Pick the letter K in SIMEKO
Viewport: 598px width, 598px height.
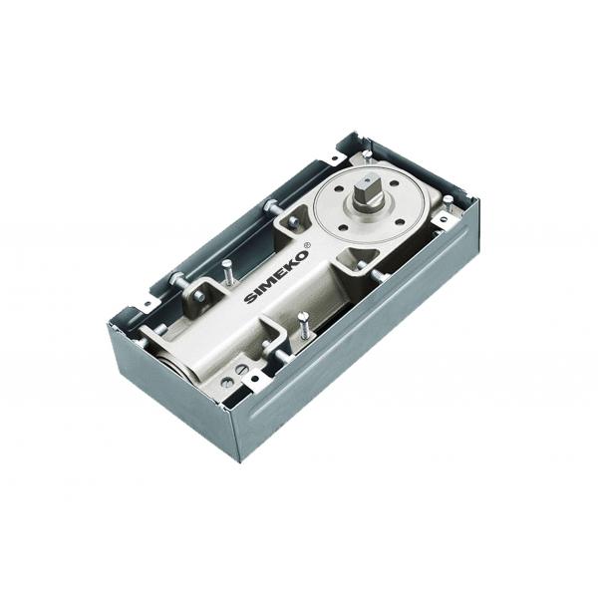click(x=288, y=263)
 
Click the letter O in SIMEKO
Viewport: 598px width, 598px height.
click(x=299, y=254)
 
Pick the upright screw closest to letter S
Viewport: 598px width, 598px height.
click(x=228, y=270)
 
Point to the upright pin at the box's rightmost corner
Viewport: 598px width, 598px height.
click(x=448, y=202)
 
